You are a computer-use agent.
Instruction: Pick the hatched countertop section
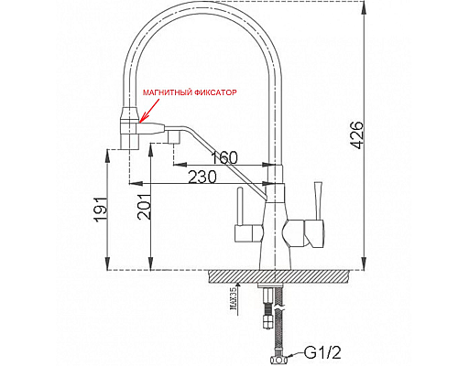click(x=275, y=275)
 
